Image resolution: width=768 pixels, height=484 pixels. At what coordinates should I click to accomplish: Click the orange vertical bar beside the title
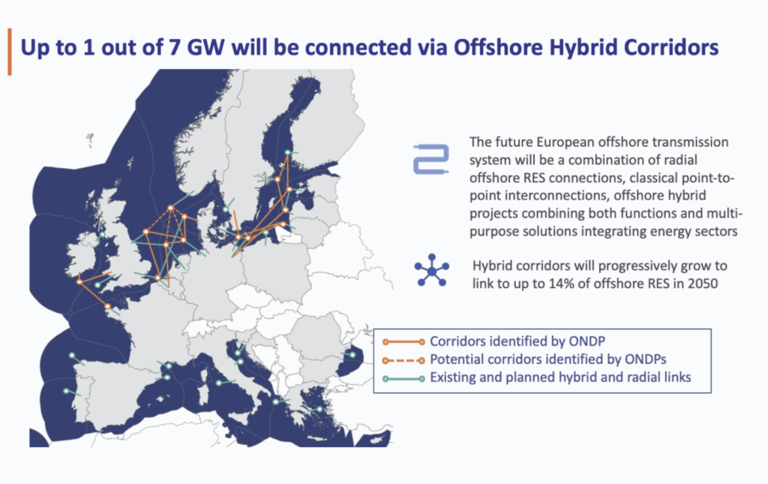pyautogui.click(x=9, y=52)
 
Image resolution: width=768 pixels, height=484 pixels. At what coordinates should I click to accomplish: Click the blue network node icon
pyautogui.click(x=432, y=271)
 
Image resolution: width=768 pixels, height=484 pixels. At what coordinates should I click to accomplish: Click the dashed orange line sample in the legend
pyautogui.click(x=401, y=360)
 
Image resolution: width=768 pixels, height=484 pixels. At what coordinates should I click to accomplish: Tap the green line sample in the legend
pyautogui.click(x=401, y=378)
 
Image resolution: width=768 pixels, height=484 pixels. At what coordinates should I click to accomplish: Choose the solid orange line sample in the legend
pyautogui.click(x=401, y=341)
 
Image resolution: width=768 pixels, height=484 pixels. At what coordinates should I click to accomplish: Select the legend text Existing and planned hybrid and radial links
pyautogui.click(x=559, y=378)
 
